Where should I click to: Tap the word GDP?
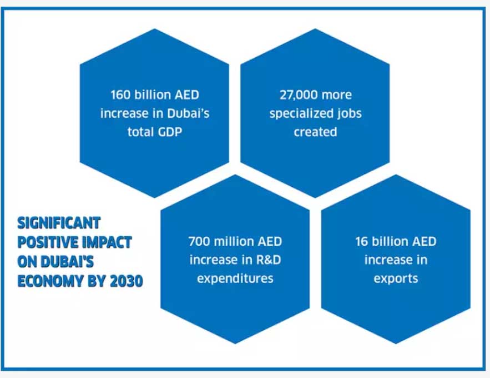coord(170,132)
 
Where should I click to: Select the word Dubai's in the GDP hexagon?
coord(189,113)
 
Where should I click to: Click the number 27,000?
coord(298,95)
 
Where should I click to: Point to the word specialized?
coord(301,113)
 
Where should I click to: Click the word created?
coord(315,132)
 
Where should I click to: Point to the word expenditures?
coord(235,278)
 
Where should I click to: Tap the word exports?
coord(396,278)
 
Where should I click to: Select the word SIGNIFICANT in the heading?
coord(59,223)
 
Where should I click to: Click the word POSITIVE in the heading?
coord(48,242)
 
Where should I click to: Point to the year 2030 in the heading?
coord(127,281)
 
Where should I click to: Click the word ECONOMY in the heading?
coord(50,281)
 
